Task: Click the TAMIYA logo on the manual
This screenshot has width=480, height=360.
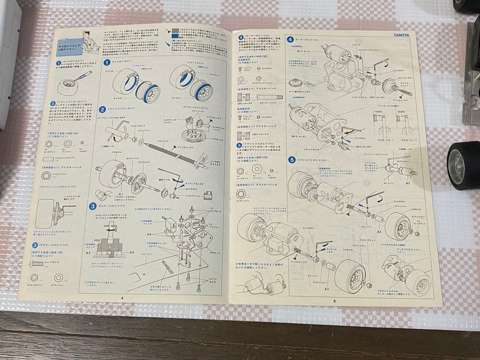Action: click(x=402, y=35)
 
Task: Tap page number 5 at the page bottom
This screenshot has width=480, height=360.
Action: click(x=334, y=301)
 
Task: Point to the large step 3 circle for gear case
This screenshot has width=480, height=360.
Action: click(x=93, y=206)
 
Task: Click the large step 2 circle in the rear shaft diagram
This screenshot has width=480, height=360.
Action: click(x=102, y=109)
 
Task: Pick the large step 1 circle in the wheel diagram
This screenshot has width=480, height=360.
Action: click(x=107, y=63)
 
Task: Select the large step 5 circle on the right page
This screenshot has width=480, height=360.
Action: click(x=292, y=160)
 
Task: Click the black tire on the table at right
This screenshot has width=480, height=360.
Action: click(x=463, y=165)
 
